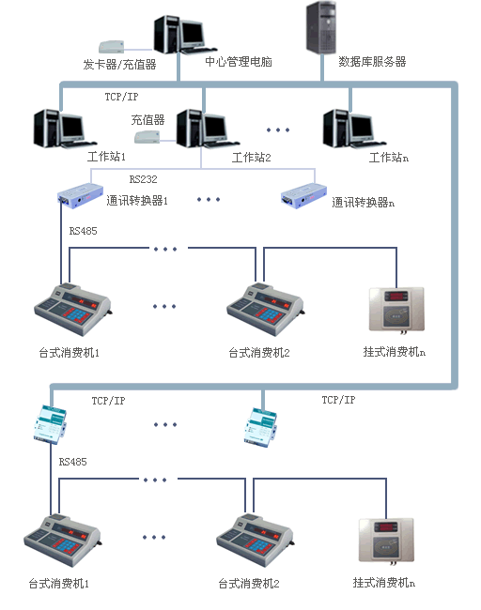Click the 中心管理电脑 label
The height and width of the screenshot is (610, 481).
240,61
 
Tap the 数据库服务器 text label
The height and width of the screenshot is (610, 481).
372,61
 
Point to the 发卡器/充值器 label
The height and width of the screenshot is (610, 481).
119,65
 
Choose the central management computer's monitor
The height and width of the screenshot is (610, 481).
192,34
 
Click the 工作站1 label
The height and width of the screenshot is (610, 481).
106,157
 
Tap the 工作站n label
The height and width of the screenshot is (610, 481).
388,158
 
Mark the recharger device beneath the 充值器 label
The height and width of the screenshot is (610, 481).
147,138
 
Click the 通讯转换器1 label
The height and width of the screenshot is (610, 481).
137,200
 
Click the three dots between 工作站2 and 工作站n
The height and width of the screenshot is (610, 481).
278,130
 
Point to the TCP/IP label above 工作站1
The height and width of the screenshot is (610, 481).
122,97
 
